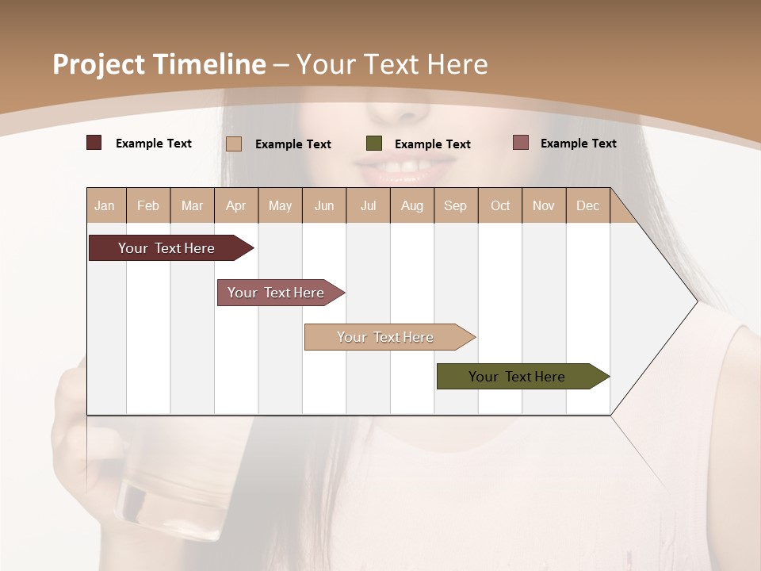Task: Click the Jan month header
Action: point(105,205)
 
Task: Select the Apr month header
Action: point(236,205)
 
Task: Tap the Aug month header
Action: point(412,205)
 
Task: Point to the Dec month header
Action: point(587,205)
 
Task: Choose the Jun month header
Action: point(324,205)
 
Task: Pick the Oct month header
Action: point(500,205)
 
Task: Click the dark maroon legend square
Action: point(94,143)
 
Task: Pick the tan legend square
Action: point(234,144)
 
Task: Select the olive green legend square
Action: point(374,144)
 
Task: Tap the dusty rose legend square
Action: point(521,143)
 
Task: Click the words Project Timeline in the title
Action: point(159,64)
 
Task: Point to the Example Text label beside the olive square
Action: point(432,144)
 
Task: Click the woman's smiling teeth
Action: point(404,167)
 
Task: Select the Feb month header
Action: point(148,205)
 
